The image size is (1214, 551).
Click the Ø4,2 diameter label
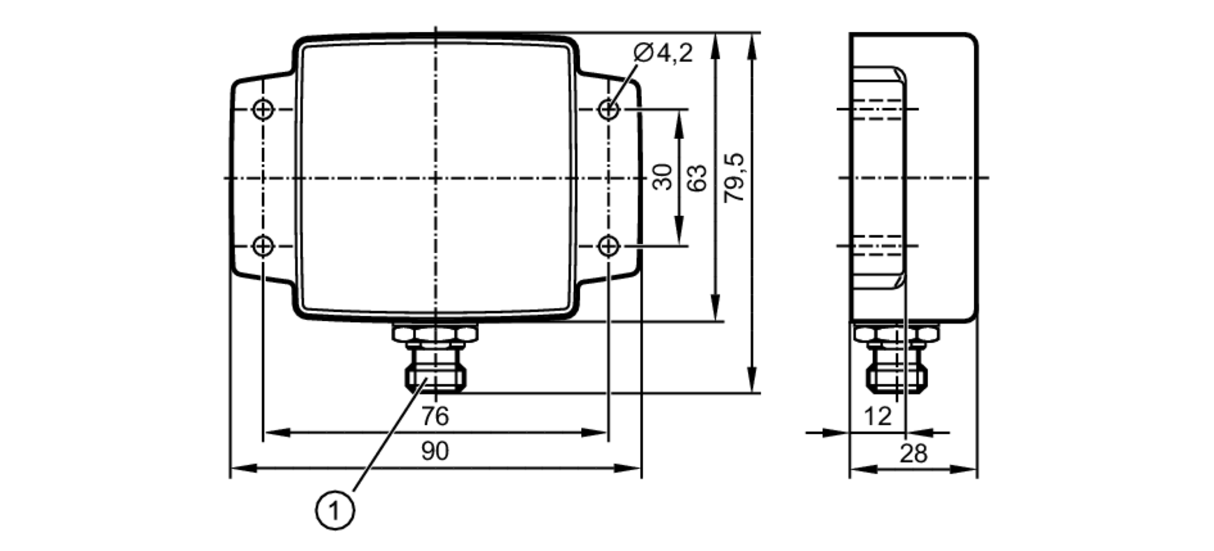(x=662, y=53)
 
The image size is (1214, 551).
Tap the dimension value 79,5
(x=735, y=178)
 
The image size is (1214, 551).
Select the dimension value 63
(x=698, y=178)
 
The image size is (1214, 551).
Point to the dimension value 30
(x=663, y=177)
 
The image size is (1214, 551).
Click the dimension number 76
(x=435, y=417)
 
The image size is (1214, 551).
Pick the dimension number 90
(x=435, y=451)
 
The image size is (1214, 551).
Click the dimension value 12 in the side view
(x=877, y=417)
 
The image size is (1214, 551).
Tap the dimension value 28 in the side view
(x=914, y=453)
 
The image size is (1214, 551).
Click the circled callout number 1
(x=334, y=510)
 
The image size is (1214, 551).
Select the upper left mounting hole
(x=263, y=110)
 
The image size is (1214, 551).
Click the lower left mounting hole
(x=263, y=246)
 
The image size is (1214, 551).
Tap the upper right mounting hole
(x=608, y=110)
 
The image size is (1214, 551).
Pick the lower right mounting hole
(x=608, y=246)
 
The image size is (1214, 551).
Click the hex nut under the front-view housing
(x=435, y=333)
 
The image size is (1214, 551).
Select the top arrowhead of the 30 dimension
(x=679, y=118)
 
